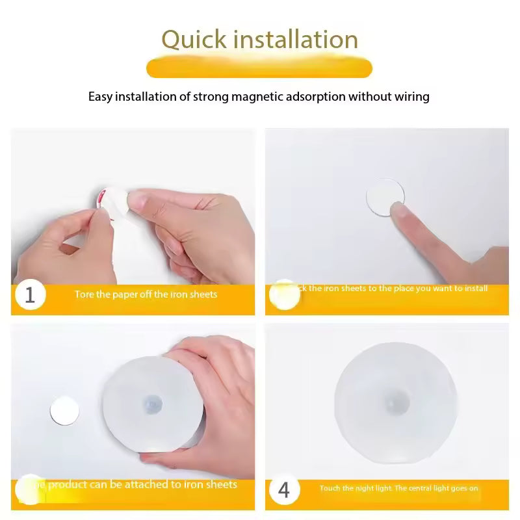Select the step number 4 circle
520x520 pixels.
(283, 489)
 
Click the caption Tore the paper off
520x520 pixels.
(146, 294)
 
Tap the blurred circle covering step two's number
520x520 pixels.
(284, 294)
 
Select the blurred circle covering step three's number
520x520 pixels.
(29, 488)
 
